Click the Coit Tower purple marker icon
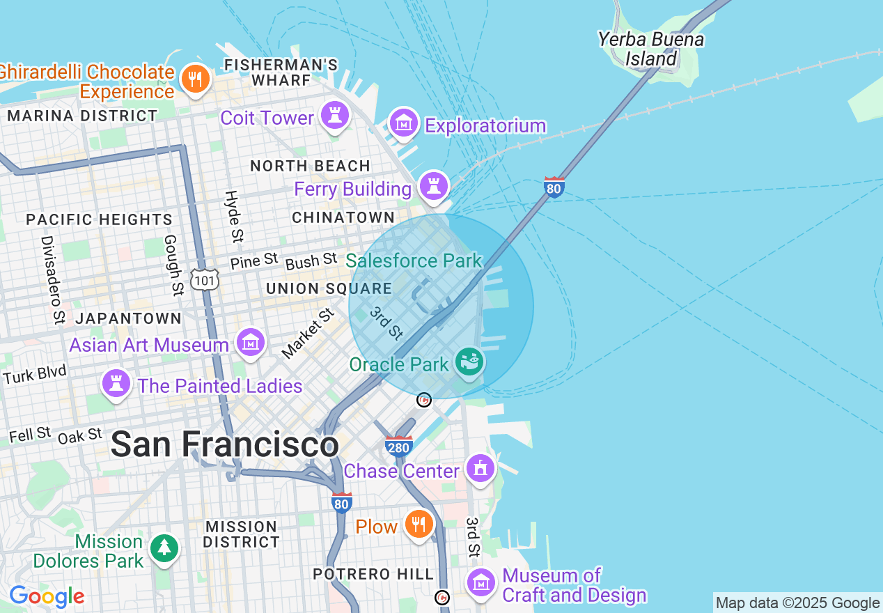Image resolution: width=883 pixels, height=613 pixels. point(334,115)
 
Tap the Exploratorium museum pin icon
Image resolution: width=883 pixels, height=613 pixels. point(403,123)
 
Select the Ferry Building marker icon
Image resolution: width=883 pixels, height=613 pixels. point(434,186)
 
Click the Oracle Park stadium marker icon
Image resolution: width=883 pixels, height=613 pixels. point(469,362)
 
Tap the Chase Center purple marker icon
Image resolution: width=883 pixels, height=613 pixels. point(480,468)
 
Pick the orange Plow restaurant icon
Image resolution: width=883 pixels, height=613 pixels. point(418,524)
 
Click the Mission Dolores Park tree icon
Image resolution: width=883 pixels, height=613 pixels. point(164,548)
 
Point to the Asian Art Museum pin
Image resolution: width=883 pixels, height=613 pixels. point(251,342)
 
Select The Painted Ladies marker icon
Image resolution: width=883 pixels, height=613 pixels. point(116,383)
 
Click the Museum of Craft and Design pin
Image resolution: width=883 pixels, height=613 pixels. point(480,582)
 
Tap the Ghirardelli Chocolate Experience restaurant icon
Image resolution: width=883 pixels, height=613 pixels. point(196,79)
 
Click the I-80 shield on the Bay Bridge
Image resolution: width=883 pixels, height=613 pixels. point(554,188)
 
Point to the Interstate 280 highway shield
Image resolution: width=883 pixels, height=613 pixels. point(398,446)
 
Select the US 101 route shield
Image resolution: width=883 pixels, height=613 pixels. point(207,280)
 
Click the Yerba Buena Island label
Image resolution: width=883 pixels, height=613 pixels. point(650,49)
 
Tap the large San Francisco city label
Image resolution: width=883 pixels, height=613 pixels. point(224,444)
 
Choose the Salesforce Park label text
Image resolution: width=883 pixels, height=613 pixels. point(414,261)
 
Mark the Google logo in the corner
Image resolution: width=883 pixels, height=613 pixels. point(47,596)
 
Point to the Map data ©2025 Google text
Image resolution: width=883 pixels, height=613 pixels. point(797,603)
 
